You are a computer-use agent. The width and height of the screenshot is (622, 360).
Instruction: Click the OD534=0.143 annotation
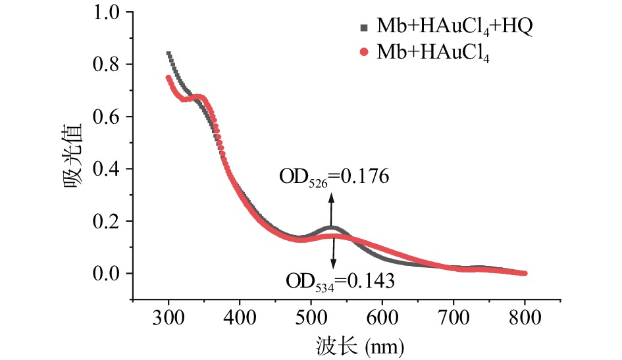[x=340, y=282]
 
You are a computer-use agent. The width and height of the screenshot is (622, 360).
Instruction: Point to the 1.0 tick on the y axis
[x=107, y=13]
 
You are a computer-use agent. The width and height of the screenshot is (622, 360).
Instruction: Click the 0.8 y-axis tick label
[x=107, y=64]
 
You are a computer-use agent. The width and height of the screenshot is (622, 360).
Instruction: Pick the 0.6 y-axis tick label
[x=107, y=116]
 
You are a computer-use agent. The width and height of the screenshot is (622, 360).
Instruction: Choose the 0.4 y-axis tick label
[x=107, y=168]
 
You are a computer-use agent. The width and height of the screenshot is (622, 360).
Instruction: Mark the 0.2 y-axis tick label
[x=107, y=221]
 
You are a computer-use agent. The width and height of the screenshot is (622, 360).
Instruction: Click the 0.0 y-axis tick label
[x=107, y=273]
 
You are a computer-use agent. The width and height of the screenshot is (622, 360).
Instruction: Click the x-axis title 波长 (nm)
[x=349, y=344]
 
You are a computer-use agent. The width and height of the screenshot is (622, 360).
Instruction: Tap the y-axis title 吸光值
[x=74, y=155]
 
